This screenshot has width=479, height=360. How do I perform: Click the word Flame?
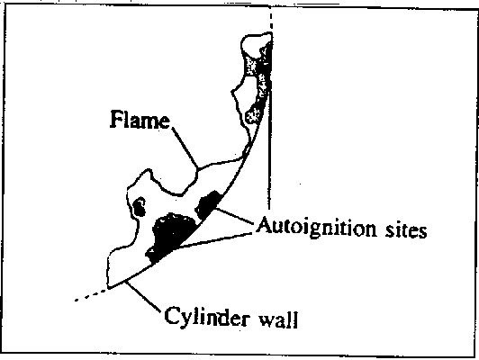click(x=140, y=120)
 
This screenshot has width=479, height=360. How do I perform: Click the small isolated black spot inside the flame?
click(x=140, y=207)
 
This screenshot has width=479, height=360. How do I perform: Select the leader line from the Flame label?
click(x=185, y=148)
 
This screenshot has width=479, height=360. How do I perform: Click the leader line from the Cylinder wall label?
click(x=143, y=297)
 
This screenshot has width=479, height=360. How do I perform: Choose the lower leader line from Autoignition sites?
click(x=214, y=241)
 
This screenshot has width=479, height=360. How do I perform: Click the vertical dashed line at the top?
click(x=271, y=21)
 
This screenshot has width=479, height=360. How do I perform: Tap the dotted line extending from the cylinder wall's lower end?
click(x=91, y=294)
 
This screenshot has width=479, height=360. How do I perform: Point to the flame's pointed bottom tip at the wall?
click(x=109, y=286)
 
